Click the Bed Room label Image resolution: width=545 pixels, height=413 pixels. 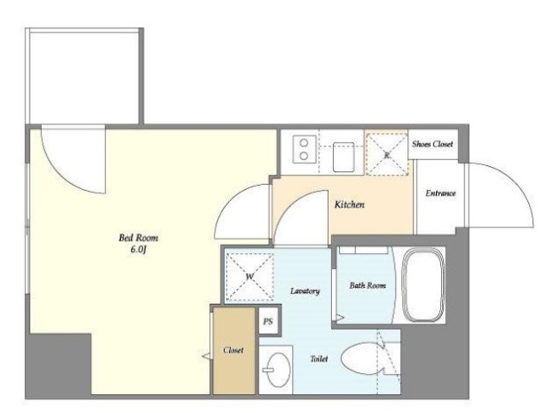pos(138,238)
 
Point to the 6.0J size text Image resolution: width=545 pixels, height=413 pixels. pos(138,250)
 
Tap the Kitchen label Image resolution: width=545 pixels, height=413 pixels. pos(349,204)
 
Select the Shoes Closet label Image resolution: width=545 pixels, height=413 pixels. pos(433,144)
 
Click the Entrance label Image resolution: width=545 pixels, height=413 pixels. pos(440,193)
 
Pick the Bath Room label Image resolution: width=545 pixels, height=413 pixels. pos(367,285)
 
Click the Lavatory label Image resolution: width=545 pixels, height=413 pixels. pos(305,290)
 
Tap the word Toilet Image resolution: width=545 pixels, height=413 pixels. pos(318,359)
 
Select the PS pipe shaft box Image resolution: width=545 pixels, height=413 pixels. pos(268,322)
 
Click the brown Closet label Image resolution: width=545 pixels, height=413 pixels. pos(233,350)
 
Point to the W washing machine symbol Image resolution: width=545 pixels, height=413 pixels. pos(250,277)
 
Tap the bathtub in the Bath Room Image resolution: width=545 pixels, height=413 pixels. pos(423,284)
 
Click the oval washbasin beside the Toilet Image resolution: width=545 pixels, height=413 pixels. pos(277,370)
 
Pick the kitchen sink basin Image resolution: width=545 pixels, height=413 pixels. pos(343,158)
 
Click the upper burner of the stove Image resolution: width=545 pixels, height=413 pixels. pos(304,143)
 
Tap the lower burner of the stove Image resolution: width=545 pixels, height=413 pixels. pos(304,156)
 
